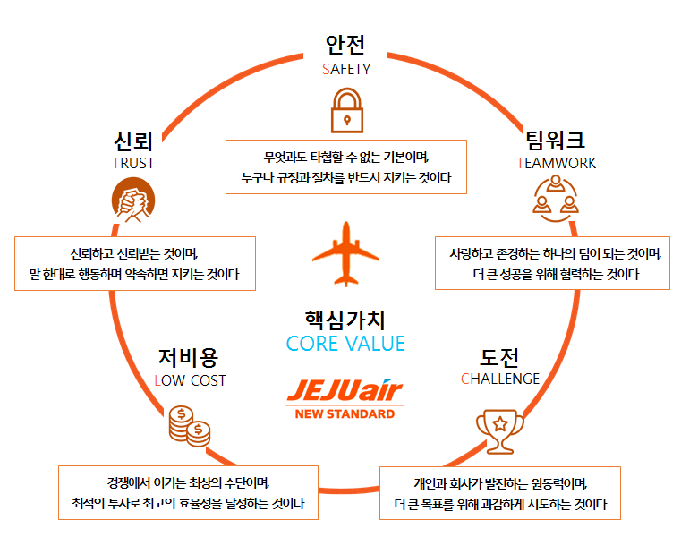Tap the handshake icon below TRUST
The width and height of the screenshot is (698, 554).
[133, 201]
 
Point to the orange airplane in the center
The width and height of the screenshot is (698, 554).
[345, 251]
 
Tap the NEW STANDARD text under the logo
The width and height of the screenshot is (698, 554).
[345, 414]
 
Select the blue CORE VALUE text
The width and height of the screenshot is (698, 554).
[345, 344]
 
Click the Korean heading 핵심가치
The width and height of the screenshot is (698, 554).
[345, 319]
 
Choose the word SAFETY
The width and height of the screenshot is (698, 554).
[345, 69]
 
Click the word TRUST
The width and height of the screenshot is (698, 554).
[133, 163]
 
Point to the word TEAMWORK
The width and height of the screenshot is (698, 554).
[556, 163]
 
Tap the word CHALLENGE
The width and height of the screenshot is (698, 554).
[500, 379]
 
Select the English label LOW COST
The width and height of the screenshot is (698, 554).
[190, 380]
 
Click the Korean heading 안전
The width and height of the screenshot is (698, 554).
[345, 45]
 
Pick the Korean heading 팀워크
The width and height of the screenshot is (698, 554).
[556, 140]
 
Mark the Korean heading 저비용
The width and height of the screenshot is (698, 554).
[188, 357]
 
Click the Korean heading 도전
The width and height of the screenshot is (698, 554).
[499, 356]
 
